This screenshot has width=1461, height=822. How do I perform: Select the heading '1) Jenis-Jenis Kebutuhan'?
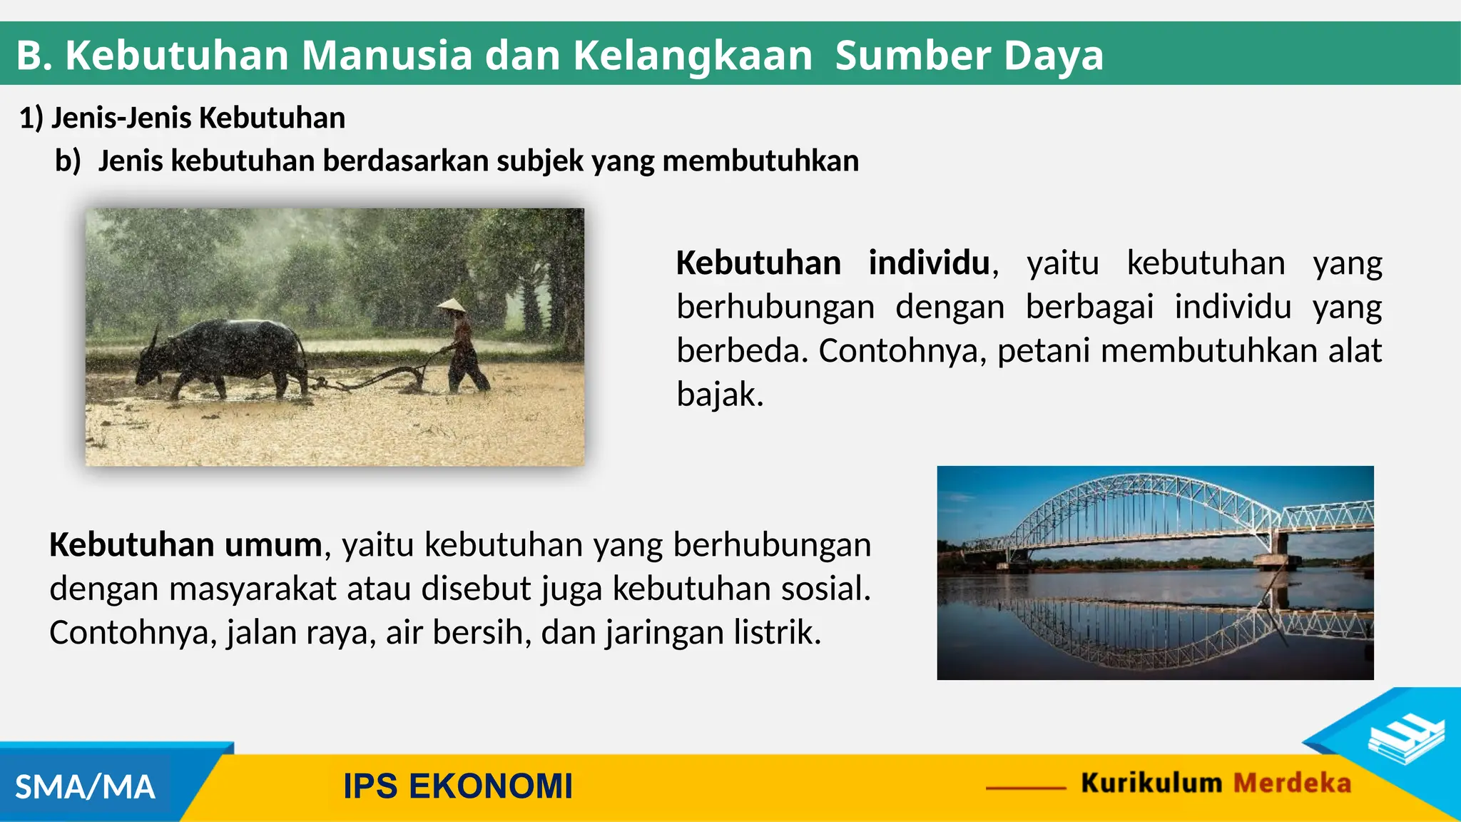click(x=183, y=118)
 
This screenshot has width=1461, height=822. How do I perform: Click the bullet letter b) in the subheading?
click(x=68, y=161)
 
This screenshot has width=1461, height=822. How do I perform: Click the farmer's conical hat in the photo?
click(x=451, y=307)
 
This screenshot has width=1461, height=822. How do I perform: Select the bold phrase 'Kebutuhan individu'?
click(x=833, y=263)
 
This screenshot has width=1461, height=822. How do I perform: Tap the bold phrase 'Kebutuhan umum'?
click(x=185, y=545)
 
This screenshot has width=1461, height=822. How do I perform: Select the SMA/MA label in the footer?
click(x=85, y=788)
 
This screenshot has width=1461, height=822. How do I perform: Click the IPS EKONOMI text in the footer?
click(x=458, y=786)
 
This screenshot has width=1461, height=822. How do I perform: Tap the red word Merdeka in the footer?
click(x=1292, y=783)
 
